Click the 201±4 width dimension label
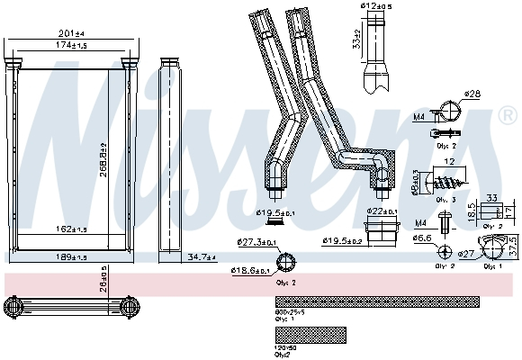click(71, 34)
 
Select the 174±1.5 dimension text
click(71, 44)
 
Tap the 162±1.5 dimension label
click(71, 229)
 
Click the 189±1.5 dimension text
click(71, 258)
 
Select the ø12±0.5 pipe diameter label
click(375, 8)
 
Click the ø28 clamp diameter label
click(472, 94)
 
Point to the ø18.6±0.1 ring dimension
click(249, 270)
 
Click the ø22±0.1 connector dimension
click(382, 211)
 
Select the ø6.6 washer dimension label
click(422, 238)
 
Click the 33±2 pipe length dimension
click(357, 40)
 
